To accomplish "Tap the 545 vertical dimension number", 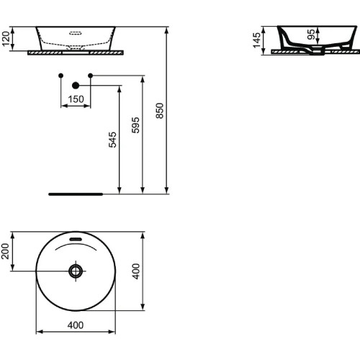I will [112, 139].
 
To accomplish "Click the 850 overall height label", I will [160, 109].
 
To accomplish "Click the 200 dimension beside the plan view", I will [6, 251].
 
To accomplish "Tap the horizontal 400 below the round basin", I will [75, 325].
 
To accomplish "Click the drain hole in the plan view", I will [76, 271].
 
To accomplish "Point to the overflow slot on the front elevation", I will [75, 32].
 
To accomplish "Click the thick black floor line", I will [76, 194].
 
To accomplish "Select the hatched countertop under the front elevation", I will [76, 52].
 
